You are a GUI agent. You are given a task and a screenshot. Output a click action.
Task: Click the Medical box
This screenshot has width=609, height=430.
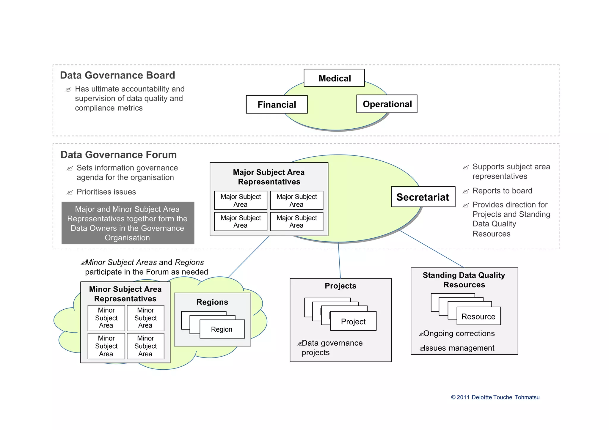pos(334,78)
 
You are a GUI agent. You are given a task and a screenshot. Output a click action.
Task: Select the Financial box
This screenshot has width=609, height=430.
pos(277,105)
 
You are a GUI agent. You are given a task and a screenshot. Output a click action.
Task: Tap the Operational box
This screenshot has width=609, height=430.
pos(387,104)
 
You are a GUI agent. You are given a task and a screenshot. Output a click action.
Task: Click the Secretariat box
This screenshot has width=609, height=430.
pos(423,197)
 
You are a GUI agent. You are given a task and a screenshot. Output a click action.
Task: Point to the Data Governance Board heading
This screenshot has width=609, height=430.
pos(117,75)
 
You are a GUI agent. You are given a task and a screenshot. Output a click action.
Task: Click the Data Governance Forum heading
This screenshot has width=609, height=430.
pos(118,155)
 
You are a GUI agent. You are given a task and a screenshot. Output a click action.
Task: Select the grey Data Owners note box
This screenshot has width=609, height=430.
pos(128,223)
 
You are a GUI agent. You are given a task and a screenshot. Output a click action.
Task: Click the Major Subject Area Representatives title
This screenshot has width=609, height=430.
pos(269,177)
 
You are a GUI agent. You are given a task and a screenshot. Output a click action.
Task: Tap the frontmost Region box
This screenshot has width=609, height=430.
pos(222,329)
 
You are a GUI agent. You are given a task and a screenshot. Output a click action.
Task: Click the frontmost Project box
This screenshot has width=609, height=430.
pos(353,322)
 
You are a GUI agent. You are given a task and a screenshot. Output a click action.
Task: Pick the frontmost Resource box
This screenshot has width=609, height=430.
pos(478,316)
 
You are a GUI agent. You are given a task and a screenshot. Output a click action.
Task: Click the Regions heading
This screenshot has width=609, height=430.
pos(212,302)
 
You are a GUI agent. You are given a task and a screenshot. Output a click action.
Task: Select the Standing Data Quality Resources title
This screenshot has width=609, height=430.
pos(464,280)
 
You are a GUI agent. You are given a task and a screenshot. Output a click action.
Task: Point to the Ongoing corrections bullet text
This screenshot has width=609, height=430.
pos(459,333)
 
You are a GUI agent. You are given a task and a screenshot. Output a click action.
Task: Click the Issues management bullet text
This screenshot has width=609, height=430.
pos(459,348)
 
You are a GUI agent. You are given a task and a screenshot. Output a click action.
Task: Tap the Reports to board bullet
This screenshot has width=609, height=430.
pos(502,191)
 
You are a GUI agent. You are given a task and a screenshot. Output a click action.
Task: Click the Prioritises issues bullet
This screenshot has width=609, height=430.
pos(106,192)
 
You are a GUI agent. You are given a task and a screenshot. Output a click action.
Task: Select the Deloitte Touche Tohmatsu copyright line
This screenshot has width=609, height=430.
pos(495,397)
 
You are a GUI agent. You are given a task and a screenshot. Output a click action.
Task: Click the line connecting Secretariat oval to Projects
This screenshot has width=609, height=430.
pos(339,260)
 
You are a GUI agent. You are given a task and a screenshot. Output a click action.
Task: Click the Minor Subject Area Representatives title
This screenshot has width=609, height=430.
pos(125,294)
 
